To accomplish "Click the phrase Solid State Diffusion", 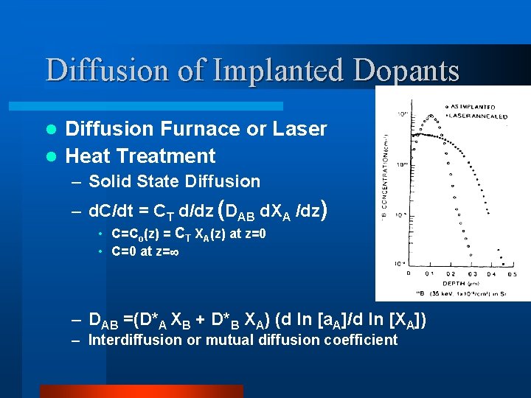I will [x=174, y=181].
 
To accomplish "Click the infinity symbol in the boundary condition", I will [x=176, y=251].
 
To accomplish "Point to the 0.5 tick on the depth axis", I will [x=512, y=273].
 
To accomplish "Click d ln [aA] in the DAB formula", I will [x=314, y=320].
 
